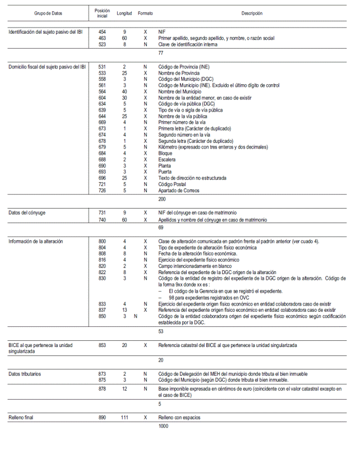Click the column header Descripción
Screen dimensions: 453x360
click(x=252, y=13)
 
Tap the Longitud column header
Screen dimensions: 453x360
click(x=124, y=13)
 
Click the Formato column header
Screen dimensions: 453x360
click(x=145, y=13)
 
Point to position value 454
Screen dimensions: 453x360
click(x=102, y=32)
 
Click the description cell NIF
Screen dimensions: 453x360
click(x=163, y=32)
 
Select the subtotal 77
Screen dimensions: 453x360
click(x=161, y=52)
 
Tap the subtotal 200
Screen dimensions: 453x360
click(x=162, y=198)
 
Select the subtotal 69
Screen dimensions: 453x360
click(x=161, y=228)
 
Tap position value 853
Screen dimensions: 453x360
click(x=102, y=345)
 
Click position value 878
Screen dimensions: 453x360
click(x=102, y=389)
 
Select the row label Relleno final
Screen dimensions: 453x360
click(x=23, y=418)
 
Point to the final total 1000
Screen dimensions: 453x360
click(x=164, y=426)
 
